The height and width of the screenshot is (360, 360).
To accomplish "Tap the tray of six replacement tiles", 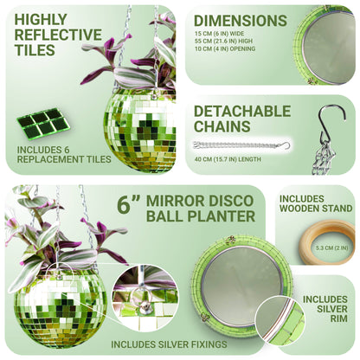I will tap(41, 124).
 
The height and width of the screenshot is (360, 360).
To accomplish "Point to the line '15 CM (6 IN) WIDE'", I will tap(221, 42).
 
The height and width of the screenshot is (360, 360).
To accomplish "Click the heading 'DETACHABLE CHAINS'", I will tap(241, 119).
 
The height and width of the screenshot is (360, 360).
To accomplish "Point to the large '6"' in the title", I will tap(130, 207).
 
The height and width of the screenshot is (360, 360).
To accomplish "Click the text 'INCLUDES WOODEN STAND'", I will tap(315, 203).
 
